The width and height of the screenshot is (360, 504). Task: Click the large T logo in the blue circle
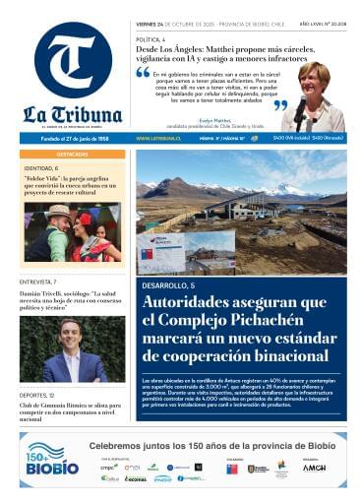pyautogui.click(x=72, y=62)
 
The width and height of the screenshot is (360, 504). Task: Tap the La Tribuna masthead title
pyautogui.click(x=72, y=113)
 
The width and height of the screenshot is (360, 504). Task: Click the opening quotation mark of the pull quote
pyautogui.click(x=144, y=72)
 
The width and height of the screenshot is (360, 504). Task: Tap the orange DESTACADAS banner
pyautogui.click(x=72, y=155)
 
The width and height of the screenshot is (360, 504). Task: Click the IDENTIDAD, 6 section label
pyautogui.click(x=40, y=168)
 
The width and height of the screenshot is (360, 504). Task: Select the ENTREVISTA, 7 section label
pyautogui.click(x=40, y=282)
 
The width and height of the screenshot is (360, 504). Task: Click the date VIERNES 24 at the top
pyautogui.click(x=155, y=23)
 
